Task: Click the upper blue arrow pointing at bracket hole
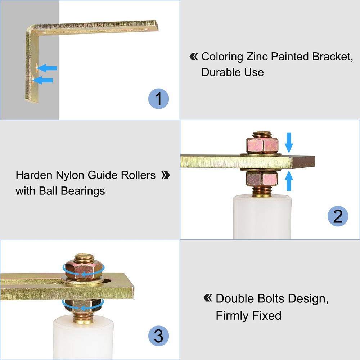pos(47,68)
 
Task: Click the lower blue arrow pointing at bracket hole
pos(43,80)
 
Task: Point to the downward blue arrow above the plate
pos(289,143)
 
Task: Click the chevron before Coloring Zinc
pos(194,57)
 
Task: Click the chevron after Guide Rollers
pos(165,175)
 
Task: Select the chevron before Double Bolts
pos(208,298)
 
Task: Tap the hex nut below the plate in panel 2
pos(262,178)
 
